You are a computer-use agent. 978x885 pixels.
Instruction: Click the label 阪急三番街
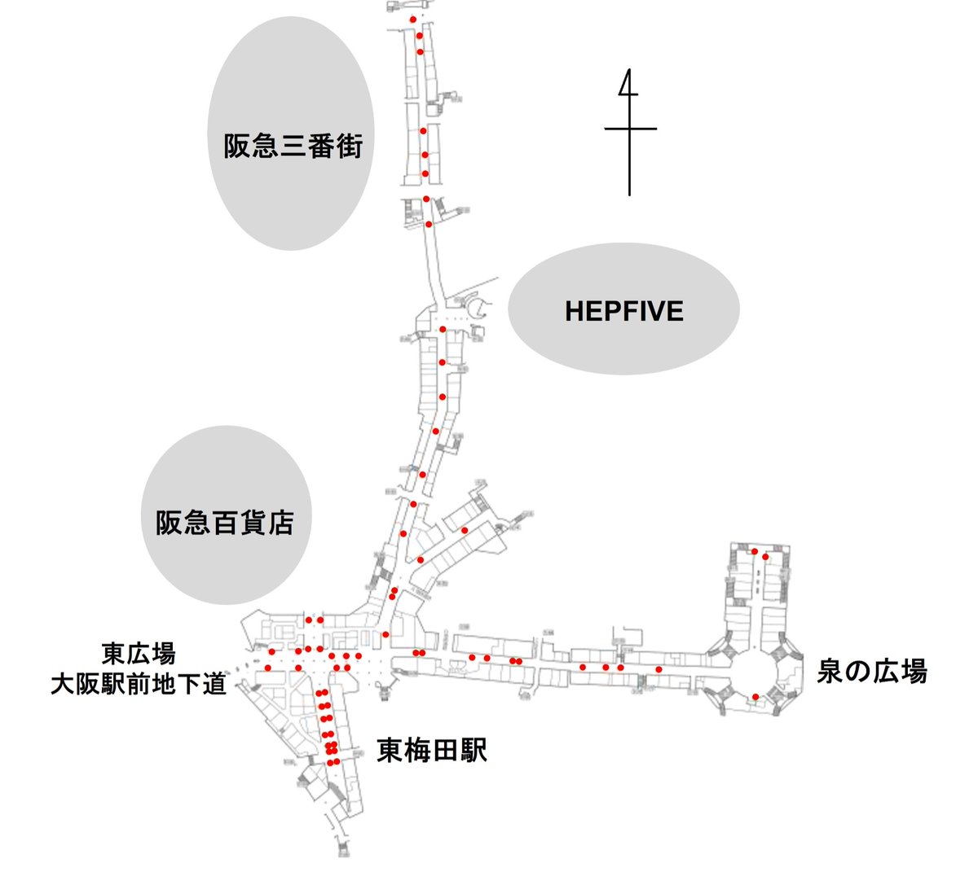click(293, 147)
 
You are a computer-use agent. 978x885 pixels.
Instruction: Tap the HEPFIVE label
click(623, 311)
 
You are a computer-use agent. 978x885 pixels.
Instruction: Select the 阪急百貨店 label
click(224, 522)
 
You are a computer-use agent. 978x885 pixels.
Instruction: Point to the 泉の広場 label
click(872, 673)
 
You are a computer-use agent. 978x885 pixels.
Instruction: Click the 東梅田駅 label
click(431, 751)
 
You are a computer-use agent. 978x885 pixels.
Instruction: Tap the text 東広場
click(139, 653)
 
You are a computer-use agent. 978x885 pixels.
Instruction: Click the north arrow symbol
click(629, 130)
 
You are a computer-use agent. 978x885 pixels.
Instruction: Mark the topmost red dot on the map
click(413, 19)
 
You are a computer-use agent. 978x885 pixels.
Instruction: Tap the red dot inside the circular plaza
click(756, 696)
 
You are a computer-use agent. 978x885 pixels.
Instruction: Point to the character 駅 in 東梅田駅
click(473, 751)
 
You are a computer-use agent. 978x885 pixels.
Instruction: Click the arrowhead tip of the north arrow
click(628, 72)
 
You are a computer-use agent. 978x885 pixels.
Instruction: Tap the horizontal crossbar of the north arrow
click(630, 129)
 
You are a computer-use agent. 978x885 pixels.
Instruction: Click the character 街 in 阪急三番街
click(348, 147)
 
